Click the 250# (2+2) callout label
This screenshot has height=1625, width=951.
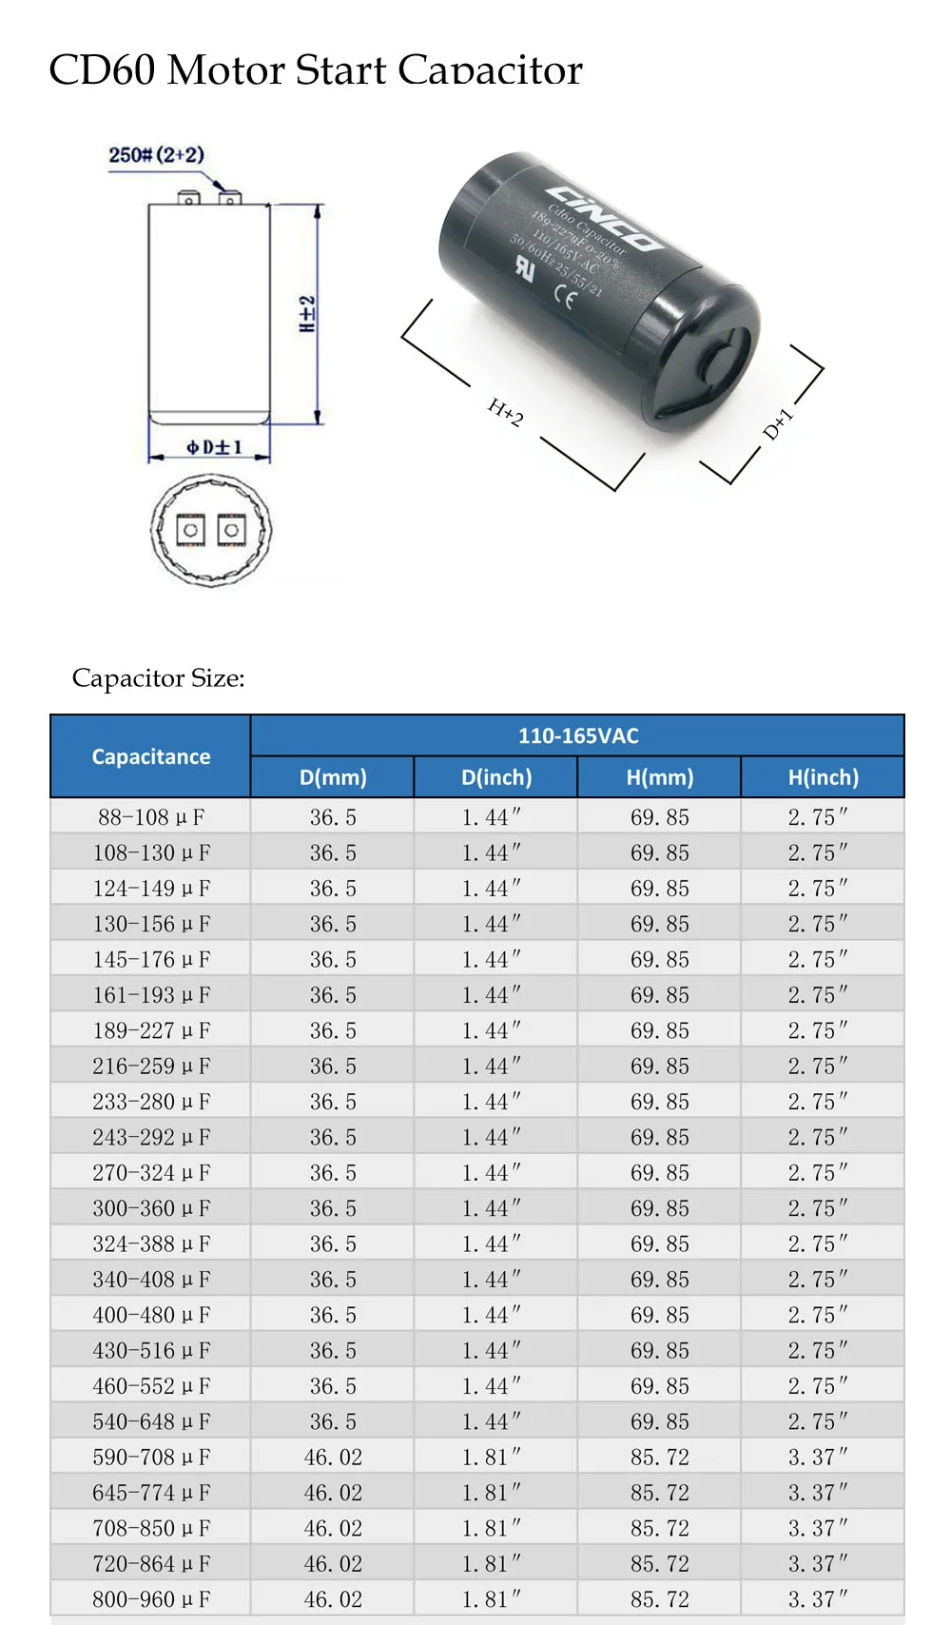[x=156, y=155]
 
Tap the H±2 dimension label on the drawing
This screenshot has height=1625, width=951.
[x=307, y=313]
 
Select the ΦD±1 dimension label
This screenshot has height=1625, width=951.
[x=214, y=447]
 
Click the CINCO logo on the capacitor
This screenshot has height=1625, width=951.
[x=605, y=216]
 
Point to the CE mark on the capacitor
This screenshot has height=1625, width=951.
[x=565, y=299]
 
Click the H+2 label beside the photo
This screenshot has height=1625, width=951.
[x=505, y=412]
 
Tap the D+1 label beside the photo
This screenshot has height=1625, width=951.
[x=777, y=423]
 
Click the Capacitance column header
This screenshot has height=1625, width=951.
[x=150, y=756]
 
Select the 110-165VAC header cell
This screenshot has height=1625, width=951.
[x=577, y=735]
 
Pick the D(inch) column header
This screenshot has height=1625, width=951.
[x=495, y=777]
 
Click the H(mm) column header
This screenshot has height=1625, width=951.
[x=659, y=777]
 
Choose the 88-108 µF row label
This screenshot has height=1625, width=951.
[x=150, y=817]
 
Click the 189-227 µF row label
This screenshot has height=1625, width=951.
[x=150, y=1030]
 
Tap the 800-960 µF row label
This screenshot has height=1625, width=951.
[x=150, y=1599]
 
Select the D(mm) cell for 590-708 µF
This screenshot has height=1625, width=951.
[x=333, y=1458]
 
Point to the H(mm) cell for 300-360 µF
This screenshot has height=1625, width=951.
[x=659, y=1208]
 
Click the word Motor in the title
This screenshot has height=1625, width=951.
[x=224, y=70]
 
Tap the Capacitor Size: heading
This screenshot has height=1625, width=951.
[x=158, y=678]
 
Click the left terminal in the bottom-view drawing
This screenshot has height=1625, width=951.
[x=191, y=529]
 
